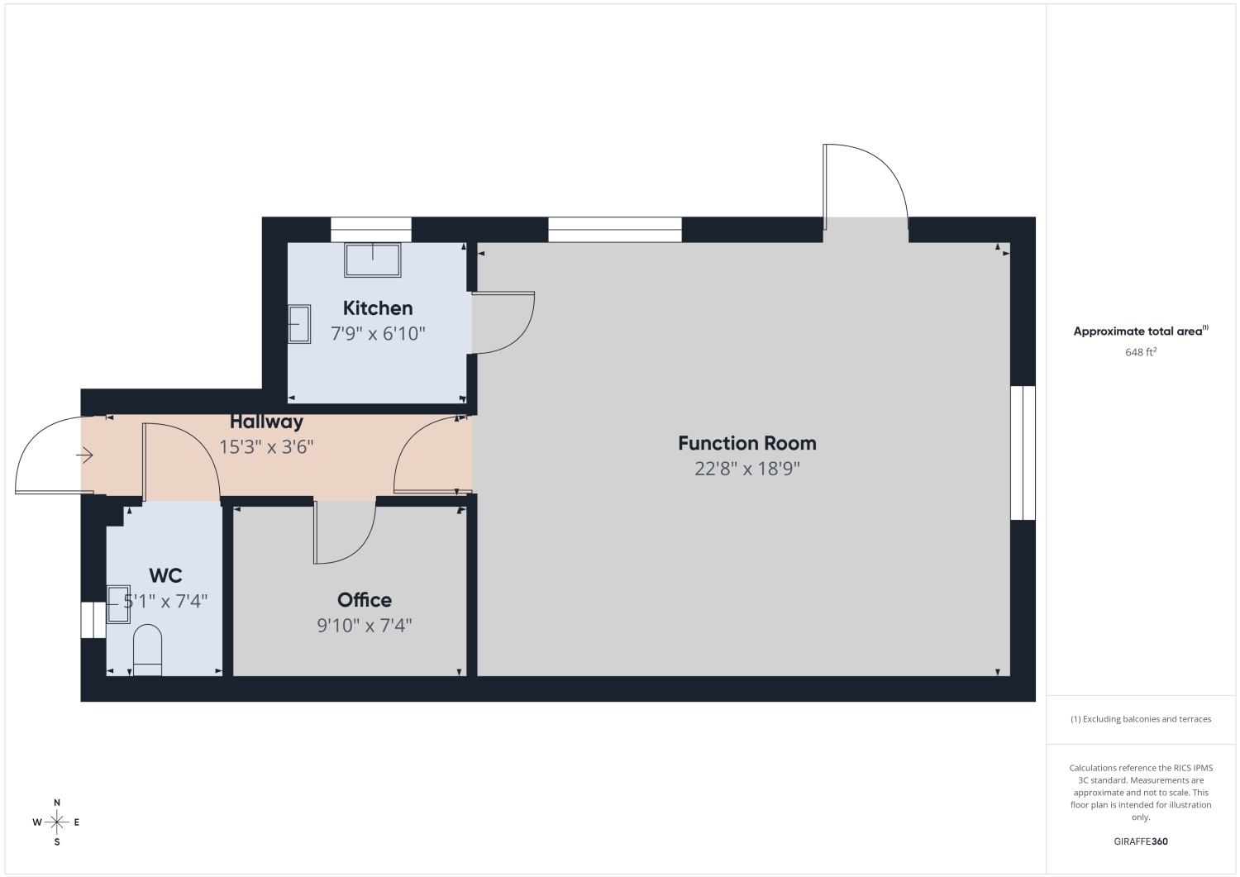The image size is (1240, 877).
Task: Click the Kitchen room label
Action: point(378,307)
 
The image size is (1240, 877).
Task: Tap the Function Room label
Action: point(746,443)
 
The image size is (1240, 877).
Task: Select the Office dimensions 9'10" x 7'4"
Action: point(365,625)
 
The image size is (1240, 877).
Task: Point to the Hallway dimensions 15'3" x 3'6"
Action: point(266,446)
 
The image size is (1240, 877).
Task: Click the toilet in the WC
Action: point(148,650)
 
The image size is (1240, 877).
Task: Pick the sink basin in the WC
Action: point(118,604)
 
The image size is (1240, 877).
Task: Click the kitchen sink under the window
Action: point(373,260)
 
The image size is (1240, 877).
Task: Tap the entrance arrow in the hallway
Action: point(84,455)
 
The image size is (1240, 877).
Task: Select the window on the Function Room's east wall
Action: point(1023,453)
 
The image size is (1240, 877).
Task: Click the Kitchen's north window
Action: point(371,230)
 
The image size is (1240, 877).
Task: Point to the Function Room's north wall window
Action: point(615,230)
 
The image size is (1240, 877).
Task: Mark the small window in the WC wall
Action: point(93,620)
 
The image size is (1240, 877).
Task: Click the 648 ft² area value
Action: point(1141,351)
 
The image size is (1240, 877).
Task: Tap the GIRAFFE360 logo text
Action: point(1141,841)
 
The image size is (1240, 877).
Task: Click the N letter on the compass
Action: point(57,803)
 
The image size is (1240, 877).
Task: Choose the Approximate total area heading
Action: point(1141,331)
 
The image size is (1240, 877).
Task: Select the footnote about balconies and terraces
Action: point(1141,718)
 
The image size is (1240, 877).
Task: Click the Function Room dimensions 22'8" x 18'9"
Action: point(747,469)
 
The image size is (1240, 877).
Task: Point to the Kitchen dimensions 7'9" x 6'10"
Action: point(378,333)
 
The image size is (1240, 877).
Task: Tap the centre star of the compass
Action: point(57,822)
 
